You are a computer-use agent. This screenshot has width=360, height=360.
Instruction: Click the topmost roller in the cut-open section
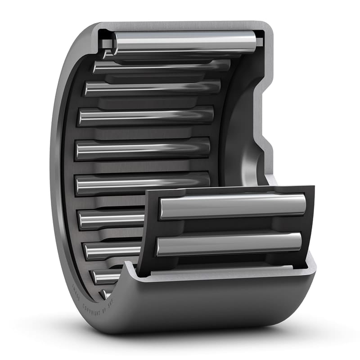click(184, 41)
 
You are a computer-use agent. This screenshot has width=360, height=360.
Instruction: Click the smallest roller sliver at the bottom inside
click(106, 294)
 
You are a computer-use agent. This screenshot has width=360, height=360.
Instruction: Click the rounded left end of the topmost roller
click(116, 42)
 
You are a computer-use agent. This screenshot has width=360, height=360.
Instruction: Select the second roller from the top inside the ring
click(162, 66)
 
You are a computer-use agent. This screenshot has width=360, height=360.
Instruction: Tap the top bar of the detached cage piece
click(229, 191)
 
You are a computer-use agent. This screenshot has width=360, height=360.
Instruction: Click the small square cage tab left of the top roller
click(107, 44)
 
